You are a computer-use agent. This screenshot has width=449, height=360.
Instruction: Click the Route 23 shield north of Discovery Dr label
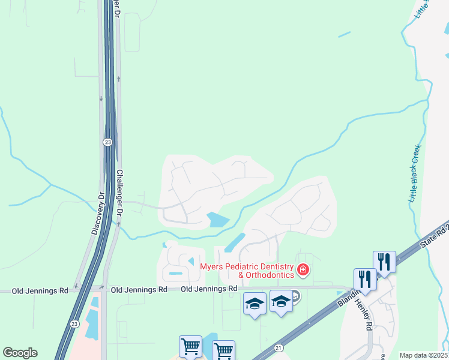(107, 142)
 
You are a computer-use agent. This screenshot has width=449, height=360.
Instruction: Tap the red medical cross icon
(303, 270)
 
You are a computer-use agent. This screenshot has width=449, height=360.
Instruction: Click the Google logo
(20, 353)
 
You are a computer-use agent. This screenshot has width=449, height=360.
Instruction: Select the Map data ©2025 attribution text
(424, 355)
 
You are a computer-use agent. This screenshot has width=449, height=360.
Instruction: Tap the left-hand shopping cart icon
(190, 346)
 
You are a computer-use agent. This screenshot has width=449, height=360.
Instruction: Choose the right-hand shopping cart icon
(223, 350)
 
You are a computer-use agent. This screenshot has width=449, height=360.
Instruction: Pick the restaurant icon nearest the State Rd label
(384, 262)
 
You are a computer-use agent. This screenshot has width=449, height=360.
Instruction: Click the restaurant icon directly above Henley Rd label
(365, 279)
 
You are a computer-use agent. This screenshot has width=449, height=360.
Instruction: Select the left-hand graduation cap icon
(255, 303)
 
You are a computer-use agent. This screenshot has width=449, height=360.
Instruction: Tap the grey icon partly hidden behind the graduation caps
(295, 296)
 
